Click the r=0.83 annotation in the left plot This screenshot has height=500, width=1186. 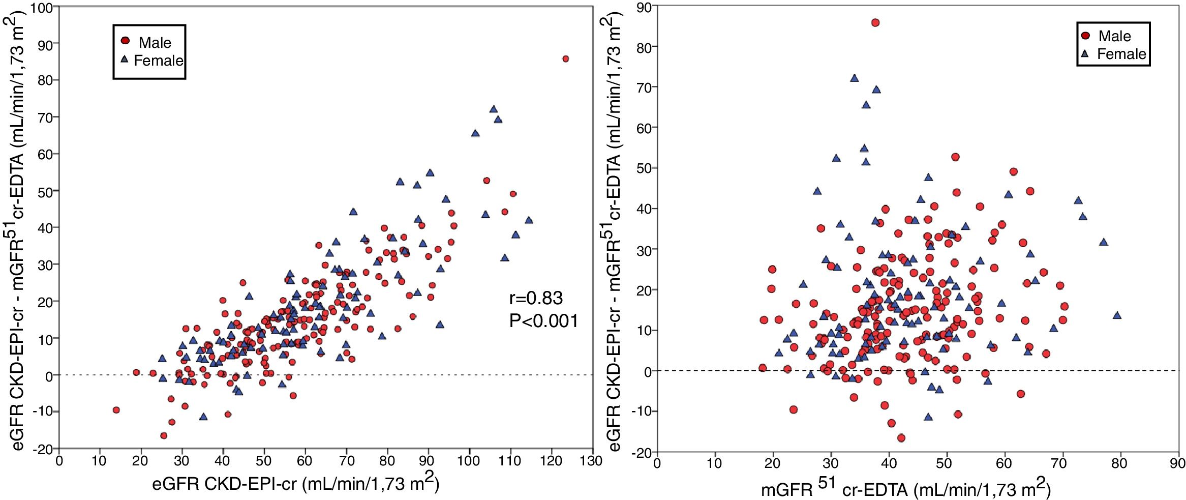point(536,298)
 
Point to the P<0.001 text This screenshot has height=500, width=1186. point(543,321)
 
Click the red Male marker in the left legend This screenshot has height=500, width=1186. point(125,41)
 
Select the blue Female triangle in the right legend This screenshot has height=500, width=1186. point(1085,53)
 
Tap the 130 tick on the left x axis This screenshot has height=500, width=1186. point(592,461)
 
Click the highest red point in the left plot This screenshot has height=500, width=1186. point(565,59)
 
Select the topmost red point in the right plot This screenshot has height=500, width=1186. point(875,22)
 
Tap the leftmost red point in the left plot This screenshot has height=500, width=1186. point(116,410)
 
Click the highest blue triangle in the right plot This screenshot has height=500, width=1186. point(854,78)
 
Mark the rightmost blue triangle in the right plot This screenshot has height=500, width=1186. point(1117,315)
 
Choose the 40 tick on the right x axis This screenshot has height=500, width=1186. point(889,464)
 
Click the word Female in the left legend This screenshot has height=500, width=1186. point(158,61)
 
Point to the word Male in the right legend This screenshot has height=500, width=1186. point(1114,36)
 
